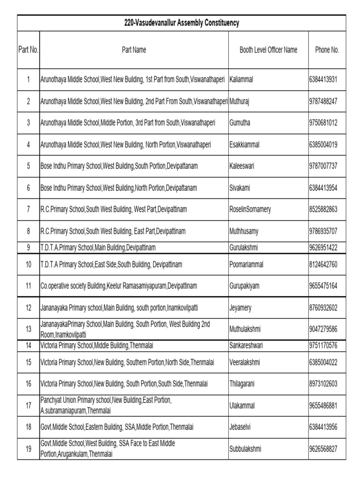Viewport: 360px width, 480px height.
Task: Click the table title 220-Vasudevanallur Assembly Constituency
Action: [181, 23]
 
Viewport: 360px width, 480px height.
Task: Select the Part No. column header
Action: [28, 50]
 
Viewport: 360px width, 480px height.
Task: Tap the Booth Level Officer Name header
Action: [268, 50]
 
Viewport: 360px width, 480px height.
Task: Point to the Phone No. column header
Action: [327, 50]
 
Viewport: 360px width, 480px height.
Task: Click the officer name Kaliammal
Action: [241, 80]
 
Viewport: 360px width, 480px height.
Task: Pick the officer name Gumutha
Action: [240, 123]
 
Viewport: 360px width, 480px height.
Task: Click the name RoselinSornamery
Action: [250, 210]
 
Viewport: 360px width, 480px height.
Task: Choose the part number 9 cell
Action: [28, 247]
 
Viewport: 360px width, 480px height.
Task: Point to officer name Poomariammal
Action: [247, 264]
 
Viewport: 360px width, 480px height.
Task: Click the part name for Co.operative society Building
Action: [119, 285]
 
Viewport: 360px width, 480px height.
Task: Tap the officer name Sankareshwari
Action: [246, 345]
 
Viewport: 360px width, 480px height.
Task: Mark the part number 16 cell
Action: [28, 383]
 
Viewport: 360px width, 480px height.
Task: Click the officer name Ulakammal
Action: [242, 405]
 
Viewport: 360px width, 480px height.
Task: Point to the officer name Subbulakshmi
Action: [246, 449]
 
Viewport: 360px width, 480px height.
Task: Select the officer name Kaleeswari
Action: [242, 166]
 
